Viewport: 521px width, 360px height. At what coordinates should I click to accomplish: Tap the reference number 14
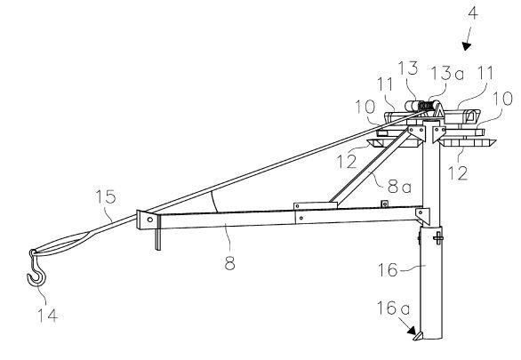pyautogui.click(x=47, y=316)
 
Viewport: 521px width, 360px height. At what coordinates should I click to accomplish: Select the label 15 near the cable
pyautogui.click(x=105, y=196)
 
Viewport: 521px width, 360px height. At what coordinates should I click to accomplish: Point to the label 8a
pyautogui.click(x=399, y=187)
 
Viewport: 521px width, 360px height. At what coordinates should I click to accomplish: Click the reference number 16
pyautogui.click(x=388, y=269)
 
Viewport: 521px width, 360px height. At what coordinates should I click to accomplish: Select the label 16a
pyautogui.click(x=393, y=308)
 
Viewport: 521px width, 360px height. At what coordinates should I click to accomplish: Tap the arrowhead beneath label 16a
pyautogui.click(x=412, y=330)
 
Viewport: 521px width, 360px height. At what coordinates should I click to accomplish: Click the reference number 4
pyautogui.click(x=473, y=14)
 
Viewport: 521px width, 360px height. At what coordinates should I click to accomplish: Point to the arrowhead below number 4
pyautogui.click(x=467, y=46)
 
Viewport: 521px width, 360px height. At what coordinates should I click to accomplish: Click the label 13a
pyautogui.click(x=447, y=74)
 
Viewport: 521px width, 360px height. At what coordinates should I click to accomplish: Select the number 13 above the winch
pyautogui.click(x=408, y=68)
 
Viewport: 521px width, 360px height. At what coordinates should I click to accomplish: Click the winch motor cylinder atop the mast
pyautogui.click(x=412, y=107)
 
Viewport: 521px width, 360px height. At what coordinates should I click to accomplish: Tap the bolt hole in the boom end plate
pyautogui.click(x=150, y=220)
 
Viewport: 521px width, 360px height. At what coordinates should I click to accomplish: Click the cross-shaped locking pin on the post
pyautogui.click(x=438, y=238)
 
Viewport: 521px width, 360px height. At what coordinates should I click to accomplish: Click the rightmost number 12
pyautogui.click(x=458, y=173)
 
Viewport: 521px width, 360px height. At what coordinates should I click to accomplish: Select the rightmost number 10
pyautogui.click(x=503, y=99)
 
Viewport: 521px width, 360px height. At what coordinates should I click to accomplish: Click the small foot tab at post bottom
pyautogui.click(x=418, y=336)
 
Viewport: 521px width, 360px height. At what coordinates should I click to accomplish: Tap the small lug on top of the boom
pyautogui.click(x=385, y=204)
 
